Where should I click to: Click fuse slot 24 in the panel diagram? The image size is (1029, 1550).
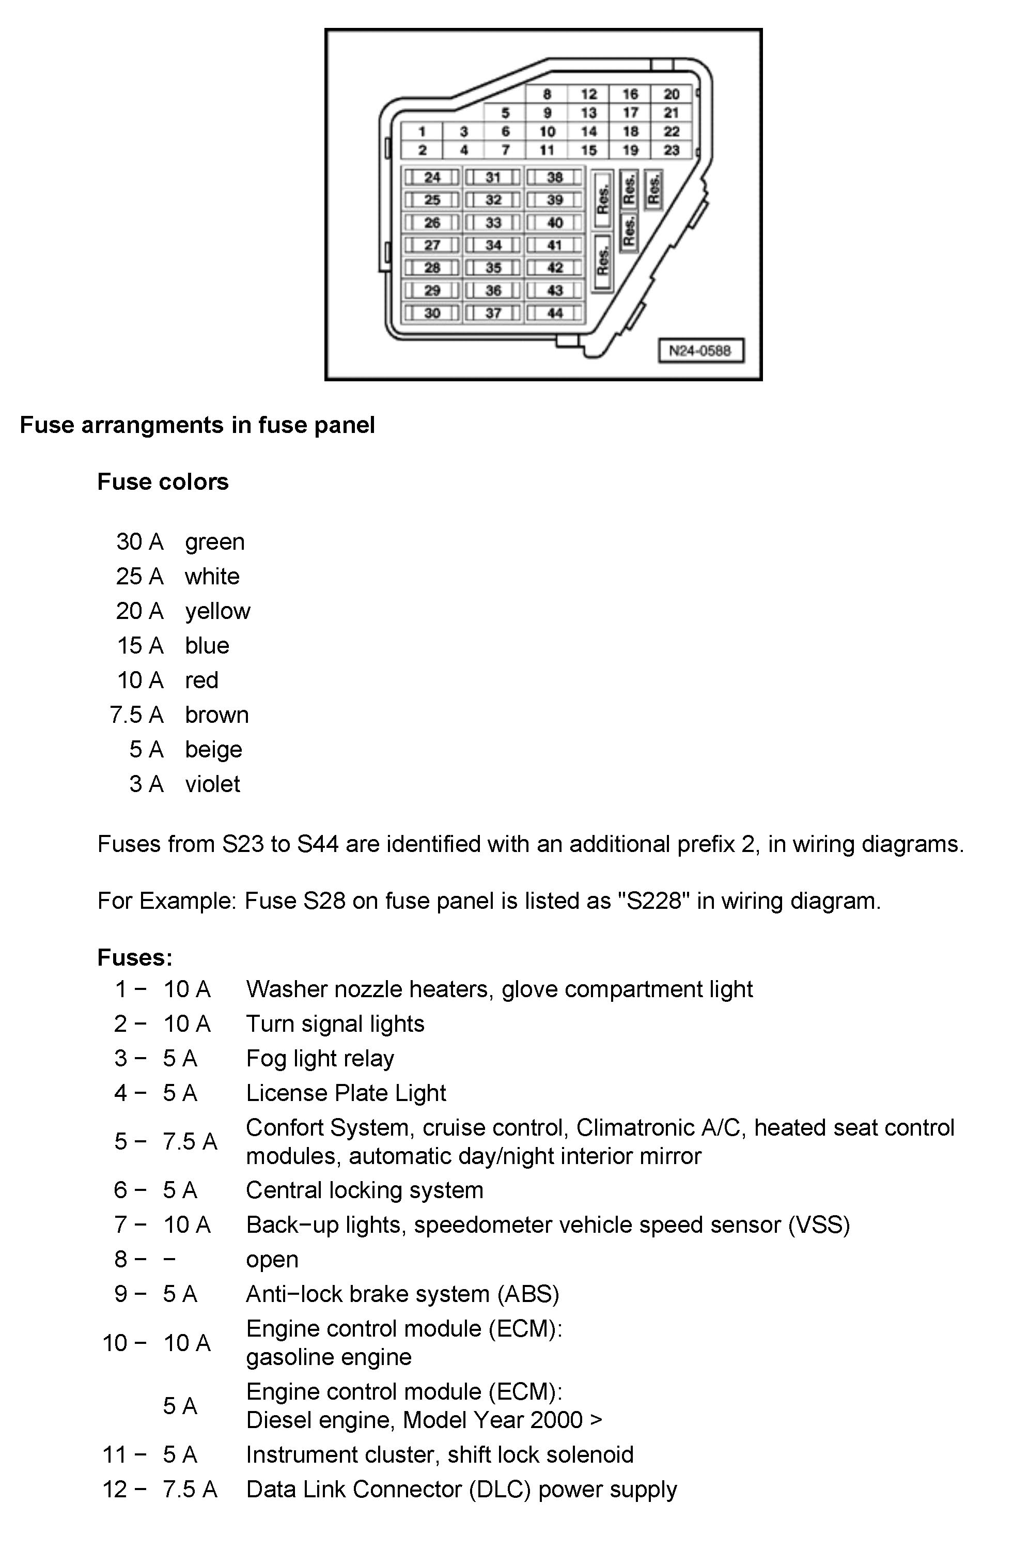[432, 177]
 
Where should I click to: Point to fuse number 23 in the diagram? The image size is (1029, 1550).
[672, 150]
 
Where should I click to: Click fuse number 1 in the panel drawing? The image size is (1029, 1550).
[422, 132]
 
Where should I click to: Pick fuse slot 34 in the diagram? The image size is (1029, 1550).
[493, 245]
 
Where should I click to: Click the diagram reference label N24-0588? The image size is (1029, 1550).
[700, 350]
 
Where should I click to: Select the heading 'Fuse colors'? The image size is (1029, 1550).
[163, 482]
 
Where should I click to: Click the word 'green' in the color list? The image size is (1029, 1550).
[214, 542]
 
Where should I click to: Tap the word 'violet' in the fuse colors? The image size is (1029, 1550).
[213, 784]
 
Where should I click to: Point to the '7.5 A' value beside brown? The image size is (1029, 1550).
[136, 715]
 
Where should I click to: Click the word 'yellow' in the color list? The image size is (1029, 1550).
[217, 611]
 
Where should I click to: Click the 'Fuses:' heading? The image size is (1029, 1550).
[134, 957]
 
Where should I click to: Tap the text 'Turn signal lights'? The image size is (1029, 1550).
[335, 1024]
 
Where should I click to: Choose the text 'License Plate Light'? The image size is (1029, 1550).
[346, 1093]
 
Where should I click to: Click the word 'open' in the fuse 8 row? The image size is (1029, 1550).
[272, 1259]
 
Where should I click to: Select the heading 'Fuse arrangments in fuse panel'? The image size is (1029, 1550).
[197, 425]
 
